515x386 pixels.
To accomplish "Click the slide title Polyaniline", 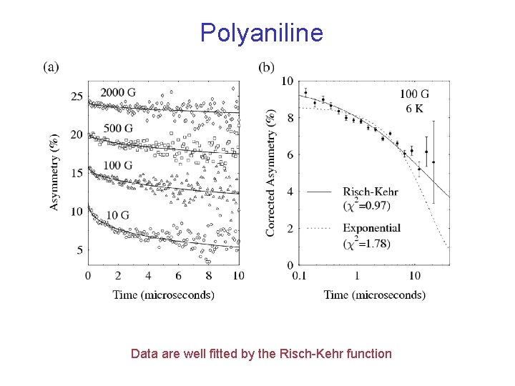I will tap(261, 32).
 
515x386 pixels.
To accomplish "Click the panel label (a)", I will tap(51, 67).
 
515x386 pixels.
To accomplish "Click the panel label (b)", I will tap(266, 67).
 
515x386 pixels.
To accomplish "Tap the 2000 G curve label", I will tap(118, 92).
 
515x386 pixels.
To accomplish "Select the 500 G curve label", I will tap(119, 128).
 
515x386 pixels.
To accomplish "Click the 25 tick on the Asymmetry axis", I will tap(77, 96).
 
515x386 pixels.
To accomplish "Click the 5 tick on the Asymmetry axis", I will tap(79, 249).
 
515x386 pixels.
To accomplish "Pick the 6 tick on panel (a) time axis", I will tap(178, 275).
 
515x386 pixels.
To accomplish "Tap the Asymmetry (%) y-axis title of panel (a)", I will tap(55, 174).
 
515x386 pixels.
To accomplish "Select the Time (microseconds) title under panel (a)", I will tap(163, 294).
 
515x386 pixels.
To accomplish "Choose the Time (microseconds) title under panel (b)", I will tap(374, 294).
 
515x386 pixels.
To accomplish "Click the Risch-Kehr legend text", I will tap(371, 192).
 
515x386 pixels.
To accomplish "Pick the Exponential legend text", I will tap(371, 228).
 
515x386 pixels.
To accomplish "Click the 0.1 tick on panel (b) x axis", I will tap(300, 275).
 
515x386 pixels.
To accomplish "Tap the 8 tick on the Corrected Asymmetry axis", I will tap(288, 117).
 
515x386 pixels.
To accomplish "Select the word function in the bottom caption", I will tap(368, 353).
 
